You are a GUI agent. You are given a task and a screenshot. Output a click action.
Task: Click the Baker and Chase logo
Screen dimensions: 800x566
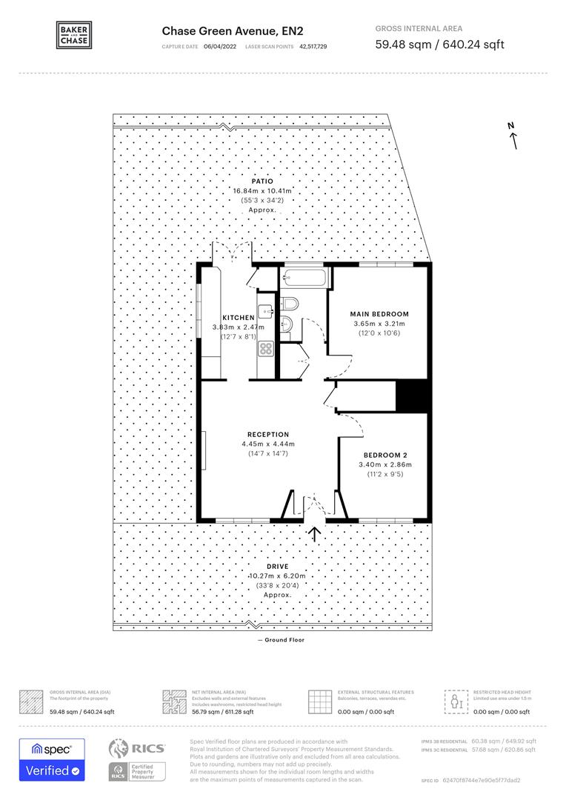tap(74, 35)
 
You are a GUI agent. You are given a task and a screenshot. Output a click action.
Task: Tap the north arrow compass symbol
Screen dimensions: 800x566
tap(512, 136)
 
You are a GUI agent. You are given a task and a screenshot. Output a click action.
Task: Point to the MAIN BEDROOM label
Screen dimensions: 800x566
tap(379, 314)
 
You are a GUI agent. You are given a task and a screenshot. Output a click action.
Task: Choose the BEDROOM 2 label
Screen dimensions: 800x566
tap(384, 455)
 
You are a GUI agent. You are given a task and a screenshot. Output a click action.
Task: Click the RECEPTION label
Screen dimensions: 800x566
tap(268, 434)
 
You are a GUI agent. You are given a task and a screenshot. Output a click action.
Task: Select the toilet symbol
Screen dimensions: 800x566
tap(289, 303)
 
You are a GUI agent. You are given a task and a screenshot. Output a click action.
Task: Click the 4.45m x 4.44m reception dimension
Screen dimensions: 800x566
tap(268, 444)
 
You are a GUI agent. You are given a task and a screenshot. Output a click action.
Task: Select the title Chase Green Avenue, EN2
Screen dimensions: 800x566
tap(233, 30)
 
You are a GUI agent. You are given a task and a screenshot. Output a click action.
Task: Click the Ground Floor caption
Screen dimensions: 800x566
tap(283, 640)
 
